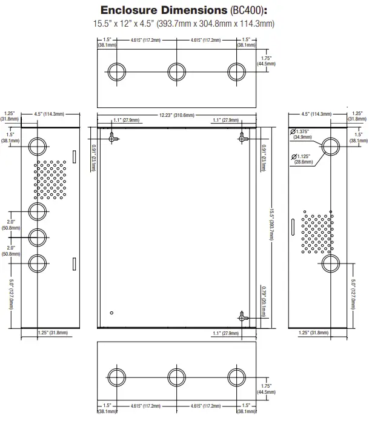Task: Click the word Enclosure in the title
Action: tap(129, 10)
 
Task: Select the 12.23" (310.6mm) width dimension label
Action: tap(177, 115)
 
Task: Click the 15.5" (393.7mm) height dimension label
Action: tap(272, 225)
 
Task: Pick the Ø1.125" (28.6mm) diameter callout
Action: tap(301, 159)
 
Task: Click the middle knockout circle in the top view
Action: tap(176, 72)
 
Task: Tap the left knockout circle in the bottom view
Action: tap(116, 377)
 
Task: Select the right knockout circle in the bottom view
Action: tap(236, 377)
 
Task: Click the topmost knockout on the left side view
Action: tap(38, 147)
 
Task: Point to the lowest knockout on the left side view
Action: tap(38, 264)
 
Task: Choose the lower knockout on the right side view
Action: tap(331, 264)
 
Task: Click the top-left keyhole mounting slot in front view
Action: tap(112, 138)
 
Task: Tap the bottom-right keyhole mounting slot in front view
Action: tap(242, 317)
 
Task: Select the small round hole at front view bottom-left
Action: tap(111, 313)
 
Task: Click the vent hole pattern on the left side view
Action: tap(50, 180)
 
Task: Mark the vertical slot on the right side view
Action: tap(293, 227)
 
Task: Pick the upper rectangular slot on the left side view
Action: tap(75, 157)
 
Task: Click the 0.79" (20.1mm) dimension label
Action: tap(264, 302)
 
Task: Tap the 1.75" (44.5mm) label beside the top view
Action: tap(266, 61)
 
